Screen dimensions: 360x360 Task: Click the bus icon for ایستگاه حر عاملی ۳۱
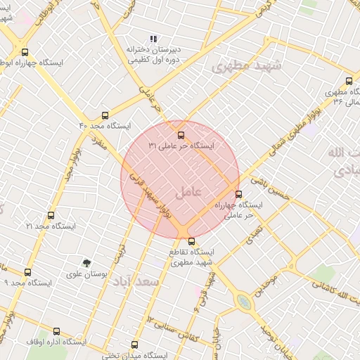(x=181, y=134)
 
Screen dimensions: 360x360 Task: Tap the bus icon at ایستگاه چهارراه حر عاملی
(x=238, y=194)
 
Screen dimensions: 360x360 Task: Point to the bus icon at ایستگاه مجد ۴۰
(x=105, y=115)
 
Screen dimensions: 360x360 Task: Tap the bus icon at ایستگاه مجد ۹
(x=27, y=272)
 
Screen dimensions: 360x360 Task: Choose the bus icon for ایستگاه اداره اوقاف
(x=56, y=331)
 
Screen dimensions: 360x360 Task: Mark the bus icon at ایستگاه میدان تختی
(x=134, y=345)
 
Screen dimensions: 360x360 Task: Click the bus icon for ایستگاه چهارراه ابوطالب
(x=25, y=52)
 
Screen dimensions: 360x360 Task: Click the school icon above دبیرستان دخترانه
(x=153, y=39)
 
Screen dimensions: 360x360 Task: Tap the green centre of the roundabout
(x=244, y=302)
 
